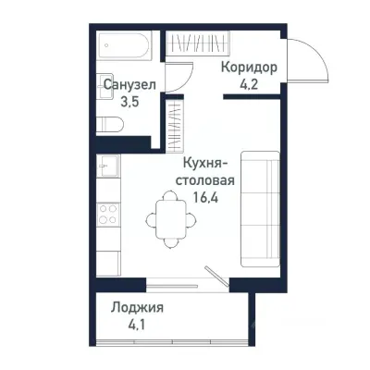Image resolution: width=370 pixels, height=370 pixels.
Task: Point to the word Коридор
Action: tap(249, 68)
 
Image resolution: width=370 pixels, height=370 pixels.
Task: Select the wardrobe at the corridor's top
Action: tap(190, 44)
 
